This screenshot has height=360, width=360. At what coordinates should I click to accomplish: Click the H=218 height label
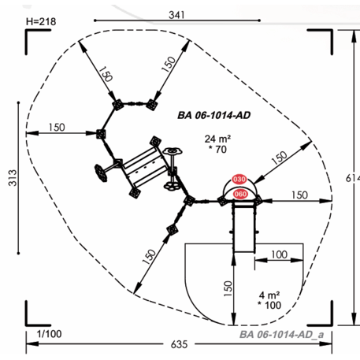(x=41, y=21)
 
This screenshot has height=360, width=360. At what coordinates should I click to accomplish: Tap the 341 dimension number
(x=176, y=15)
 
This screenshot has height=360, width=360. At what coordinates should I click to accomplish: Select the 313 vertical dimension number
(x=13, y=178)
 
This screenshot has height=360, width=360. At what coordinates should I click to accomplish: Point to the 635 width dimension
(x=179, y=344)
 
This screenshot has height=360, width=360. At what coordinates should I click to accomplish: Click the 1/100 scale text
(x=49, y=334)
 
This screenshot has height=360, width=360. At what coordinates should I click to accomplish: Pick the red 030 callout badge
(x=239, y=180)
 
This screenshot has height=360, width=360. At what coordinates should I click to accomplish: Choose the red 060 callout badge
(x=240, y=194)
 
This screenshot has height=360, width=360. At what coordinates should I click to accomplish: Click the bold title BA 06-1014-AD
(x=214, y=115)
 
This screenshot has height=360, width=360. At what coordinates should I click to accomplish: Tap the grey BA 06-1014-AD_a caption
(x=281, y=335)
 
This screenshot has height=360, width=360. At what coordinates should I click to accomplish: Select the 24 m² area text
(x=217, y=139)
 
